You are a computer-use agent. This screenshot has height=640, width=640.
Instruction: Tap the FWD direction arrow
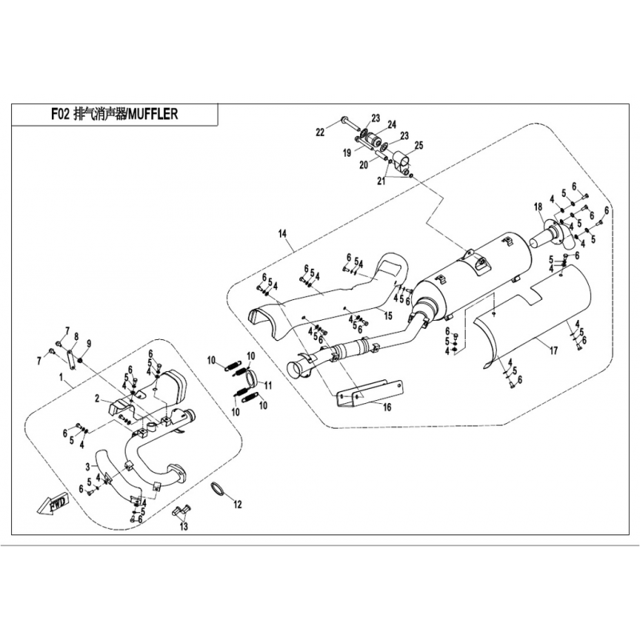click(52, 505)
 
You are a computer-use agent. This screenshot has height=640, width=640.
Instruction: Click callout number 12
click(237, 505)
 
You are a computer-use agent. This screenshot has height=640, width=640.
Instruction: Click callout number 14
click(282, 234)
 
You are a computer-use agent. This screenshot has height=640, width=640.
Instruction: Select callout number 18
click(538, 206)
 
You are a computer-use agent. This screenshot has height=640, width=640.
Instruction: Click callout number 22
click(319, 132)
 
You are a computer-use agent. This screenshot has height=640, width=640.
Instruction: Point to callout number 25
click(418, 145)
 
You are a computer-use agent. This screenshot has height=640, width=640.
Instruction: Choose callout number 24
click(392, 124)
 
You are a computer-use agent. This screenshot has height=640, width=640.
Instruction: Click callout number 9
click(88, 344)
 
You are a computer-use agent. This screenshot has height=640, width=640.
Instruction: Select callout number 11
click(269, 385)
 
